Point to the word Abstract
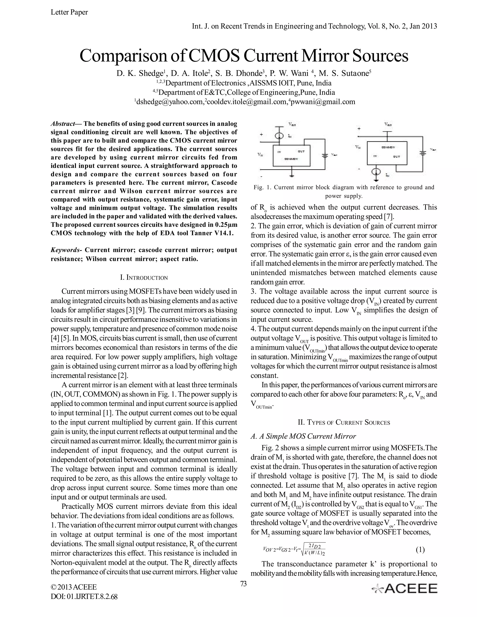click(62, 124)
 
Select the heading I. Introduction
click(144, 278)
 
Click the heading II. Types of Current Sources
click(344, 422)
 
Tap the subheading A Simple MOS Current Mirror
click(303, 436)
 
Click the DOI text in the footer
click(84, 596)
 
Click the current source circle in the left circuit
click(279, 136)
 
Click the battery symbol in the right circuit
click(423, 153)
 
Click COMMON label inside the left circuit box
click(291, 159)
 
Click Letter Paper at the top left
click(69, 12)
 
